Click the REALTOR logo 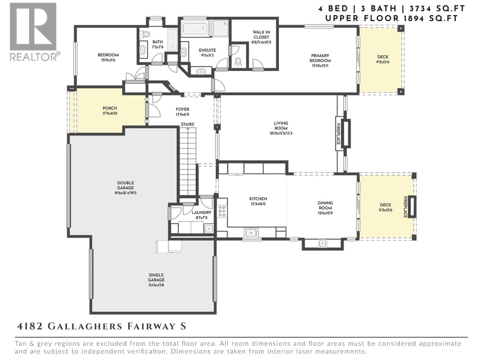coord(33,31)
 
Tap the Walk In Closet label coord(261,34)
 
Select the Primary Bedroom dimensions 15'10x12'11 coord(320,65)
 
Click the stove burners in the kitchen coord(222,211)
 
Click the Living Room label coord(281,125)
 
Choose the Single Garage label coord(156,277)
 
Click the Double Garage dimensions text coord(125,193)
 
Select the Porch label coord(110,108)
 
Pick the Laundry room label coord(202,212)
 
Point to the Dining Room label coord(325,205)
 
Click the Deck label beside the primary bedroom coord(383,57)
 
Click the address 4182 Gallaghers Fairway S coord(101,326)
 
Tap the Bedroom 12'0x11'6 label coord(108,55)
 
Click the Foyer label coord(182,109)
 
